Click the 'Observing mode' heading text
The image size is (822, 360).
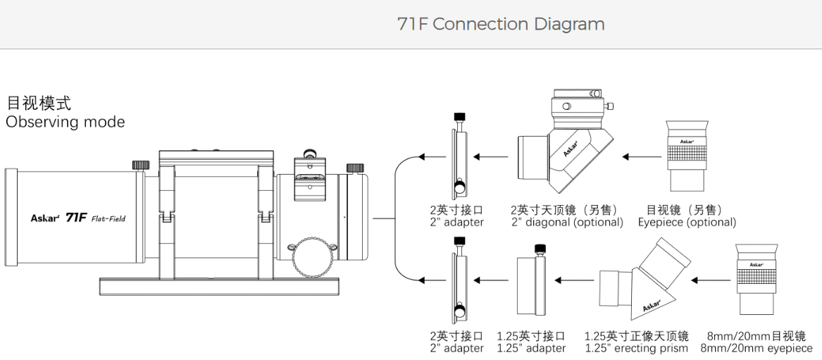tap(65, 122)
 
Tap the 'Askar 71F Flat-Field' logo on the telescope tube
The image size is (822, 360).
tap(78, 218)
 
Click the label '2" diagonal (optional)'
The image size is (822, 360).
tap(567, 223)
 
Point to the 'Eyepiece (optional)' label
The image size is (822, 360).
tap(687, 223)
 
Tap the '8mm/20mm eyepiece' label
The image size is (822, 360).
tap(756, 348)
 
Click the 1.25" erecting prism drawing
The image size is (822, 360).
tap(644, 280)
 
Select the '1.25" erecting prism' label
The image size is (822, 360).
tap(636, 348)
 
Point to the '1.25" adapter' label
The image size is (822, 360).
tap(531, 348)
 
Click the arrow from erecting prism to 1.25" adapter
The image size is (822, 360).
tap(575, 280)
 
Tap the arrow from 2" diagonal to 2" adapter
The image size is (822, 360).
tap(491, 156)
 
